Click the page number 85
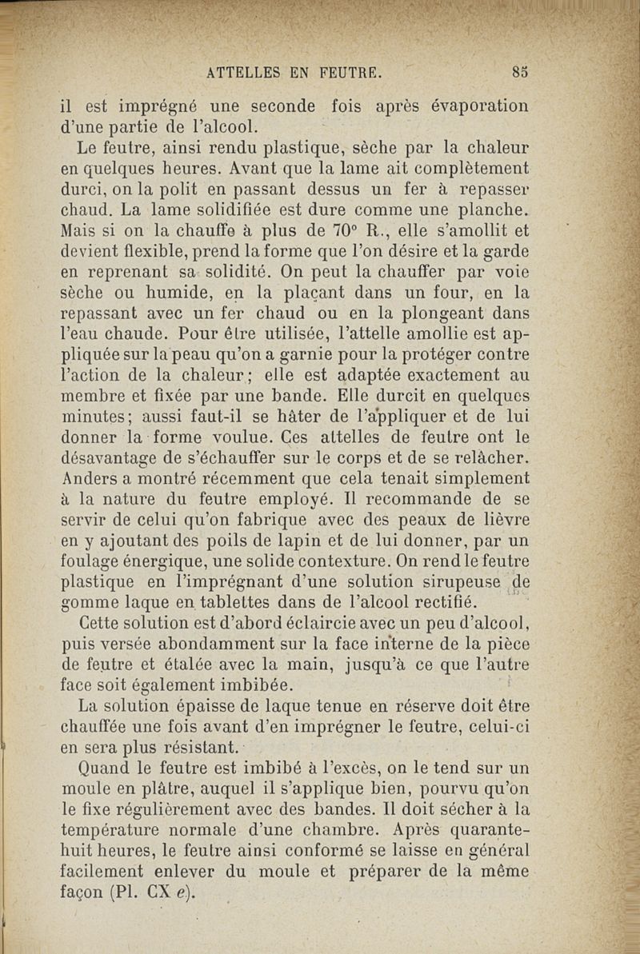click(520, 71)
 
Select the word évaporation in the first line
click(479, 106)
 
